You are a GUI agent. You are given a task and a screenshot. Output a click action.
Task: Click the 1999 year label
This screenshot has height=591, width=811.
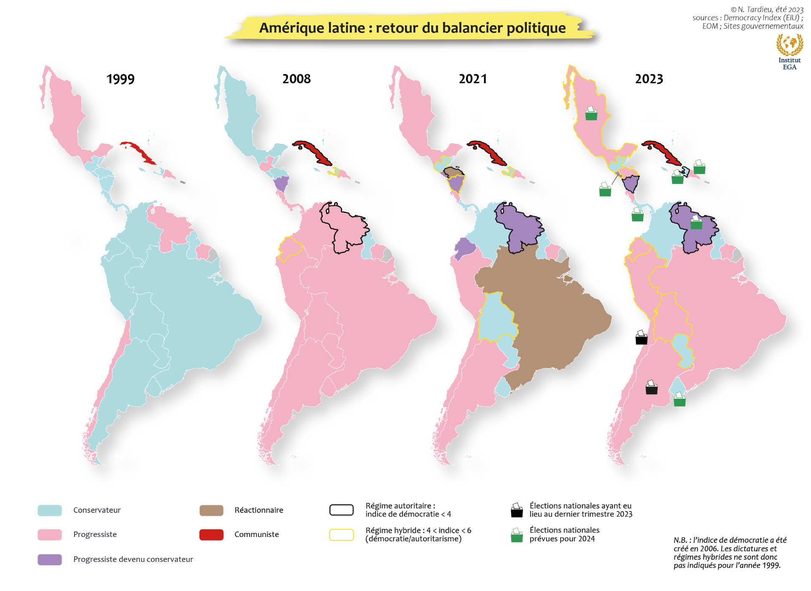[x=120, y=79]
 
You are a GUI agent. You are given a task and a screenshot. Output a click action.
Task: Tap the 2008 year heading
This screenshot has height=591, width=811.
[x=297, y=79]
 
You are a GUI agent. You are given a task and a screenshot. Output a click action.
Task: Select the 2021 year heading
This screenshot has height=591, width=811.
[x=473, y=79]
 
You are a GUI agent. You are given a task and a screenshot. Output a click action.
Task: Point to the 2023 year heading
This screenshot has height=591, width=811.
[x=649, y=79]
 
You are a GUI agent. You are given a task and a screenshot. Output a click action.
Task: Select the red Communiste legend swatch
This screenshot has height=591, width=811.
[x=211, y=534]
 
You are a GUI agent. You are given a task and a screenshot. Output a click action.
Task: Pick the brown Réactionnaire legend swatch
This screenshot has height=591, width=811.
[x=211, y=510]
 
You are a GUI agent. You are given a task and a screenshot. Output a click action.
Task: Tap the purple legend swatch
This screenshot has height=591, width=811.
[x=50, y=559]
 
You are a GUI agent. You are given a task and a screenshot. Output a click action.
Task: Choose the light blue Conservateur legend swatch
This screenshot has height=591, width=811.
[x=50, y=510]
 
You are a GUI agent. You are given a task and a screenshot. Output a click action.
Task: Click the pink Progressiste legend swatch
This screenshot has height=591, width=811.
[x=50, y=534]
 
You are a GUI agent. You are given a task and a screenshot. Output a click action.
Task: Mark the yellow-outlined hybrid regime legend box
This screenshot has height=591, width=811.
[x=341, y=534]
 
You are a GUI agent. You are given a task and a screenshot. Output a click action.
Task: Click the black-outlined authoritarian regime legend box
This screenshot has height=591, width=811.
[x=341, y=510]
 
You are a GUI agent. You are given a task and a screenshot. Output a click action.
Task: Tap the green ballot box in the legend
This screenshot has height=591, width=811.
[x=517, y=536]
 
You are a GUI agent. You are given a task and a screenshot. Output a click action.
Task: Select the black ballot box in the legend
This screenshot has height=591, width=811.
[x=517, y=511]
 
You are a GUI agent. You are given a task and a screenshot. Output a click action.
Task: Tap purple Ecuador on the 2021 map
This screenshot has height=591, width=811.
[x=464, y=248]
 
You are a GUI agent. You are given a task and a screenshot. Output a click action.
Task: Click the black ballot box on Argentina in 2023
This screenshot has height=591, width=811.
[x=651, y=388]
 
